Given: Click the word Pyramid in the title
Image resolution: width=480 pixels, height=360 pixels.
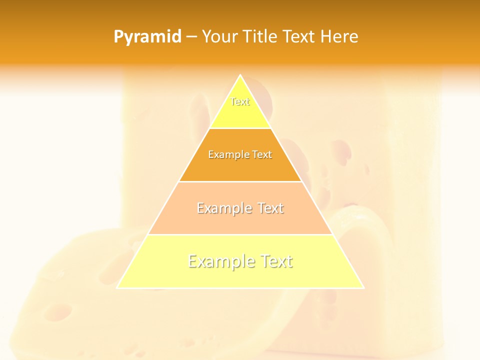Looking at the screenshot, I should pyautogui.click(x=147, y=37).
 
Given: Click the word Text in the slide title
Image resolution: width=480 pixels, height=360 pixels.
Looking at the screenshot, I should pyautogui.click(x=299, y=36).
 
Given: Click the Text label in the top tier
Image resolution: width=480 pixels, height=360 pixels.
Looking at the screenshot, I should pyautogui.click(x=240, y=101).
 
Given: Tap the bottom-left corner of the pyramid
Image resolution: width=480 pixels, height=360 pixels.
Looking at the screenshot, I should pyautogui.click(x=117, y=287).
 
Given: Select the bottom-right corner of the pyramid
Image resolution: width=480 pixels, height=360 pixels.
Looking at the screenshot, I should pyautogui.click(x=363, y=287).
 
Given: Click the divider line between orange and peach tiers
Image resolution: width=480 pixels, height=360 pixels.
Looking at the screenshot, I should pyautogui.click(x=240, y=181).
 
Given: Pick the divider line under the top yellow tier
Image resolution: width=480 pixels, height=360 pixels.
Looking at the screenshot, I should pyautogui.click(x=240, y=128).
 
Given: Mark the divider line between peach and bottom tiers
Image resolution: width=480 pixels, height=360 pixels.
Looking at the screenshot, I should pyautogui.click(x=240, y=234).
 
